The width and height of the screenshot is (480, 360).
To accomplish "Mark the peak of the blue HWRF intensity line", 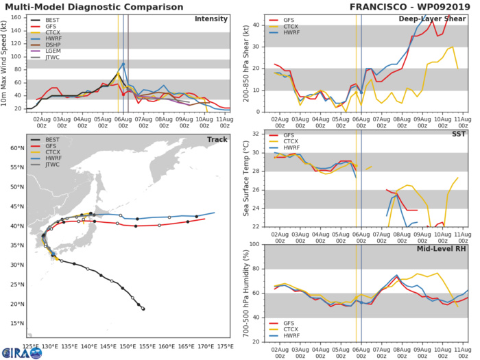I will click(x=123, y=63).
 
